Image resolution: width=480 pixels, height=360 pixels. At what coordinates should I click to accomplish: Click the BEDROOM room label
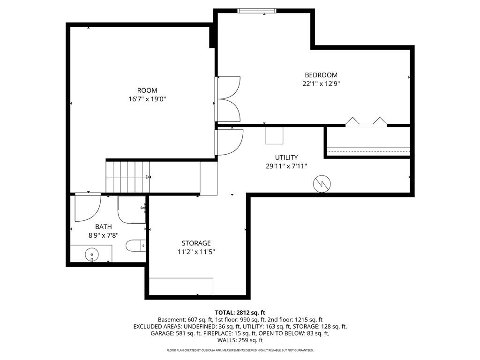[x=321, y=75]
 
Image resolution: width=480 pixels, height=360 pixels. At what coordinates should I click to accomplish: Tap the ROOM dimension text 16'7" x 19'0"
[x=147, y=99]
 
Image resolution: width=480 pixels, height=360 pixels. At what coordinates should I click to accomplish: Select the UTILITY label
[x=286, y=157]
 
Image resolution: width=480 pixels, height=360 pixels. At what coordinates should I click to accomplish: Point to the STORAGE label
[x=196, y=243]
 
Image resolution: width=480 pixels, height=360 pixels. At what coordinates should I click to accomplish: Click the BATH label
[x=104, y=227]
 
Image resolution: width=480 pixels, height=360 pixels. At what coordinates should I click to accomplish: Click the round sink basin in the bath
[x=91, y=254]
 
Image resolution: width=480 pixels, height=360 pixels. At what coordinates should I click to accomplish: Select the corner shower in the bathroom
[x=132, y=210]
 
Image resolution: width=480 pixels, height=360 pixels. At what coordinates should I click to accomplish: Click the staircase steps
[x=128, y=177]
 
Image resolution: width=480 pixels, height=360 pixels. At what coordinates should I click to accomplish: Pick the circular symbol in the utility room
[x=322, y=184]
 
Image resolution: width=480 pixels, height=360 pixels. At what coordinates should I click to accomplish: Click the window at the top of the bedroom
[x=257, y=11]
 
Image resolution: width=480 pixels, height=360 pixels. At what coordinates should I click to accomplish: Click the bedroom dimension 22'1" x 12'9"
[x=321, y=83]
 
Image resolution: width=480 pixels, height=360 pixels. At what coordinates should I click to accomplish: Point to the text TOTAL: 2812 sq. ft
[x=240, y=313]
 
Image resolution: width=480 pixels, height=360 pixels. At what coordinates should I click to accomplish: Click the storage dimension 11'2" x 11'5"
[x=196, y=252]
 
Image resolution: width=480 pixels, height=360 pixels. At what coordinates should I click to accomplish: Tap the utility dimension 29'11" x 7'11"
[x=286, y=166]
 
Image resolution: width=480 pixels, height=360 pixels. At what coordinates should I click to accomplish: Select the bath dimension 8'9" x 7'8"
[x=104, y=235]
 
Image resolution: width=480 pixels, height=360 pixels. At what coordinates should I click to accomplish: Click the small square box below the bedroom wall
[x=274, y=135]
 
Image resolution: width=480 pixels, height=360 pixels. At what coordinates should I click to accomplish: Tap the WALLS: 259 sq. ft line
[x=240, y=340]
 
